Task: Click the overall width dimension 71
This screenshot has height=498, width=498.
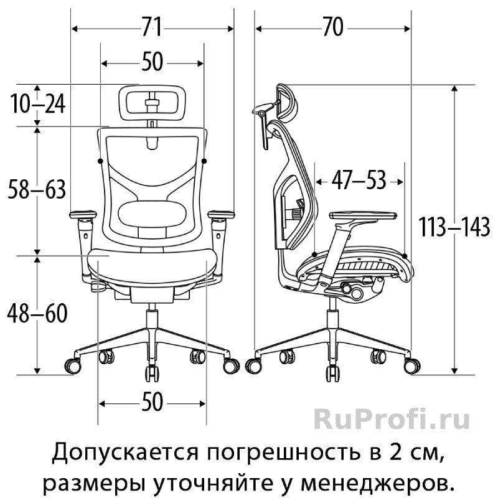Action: click(152, 27)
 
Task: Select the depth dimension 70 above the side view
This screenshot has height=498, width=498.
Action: click(333, 27)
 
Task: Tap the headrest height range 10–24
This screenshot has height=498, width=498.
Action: click(38, 104)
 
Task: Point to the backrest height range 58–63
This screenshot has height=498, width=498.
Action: click(37, 189)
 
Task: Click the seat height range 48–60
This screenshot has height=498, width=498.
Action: click(37, 313)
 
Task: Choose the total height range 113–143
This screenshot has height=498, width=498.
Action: click(454, 227)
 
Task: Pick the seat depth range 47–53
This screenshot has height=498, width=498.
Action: click(359, 180)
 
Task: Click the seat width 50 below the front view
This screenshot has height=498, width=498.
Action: click(152, 402)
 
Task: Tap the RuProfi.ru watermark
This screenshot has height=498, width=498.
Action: click(392, 419)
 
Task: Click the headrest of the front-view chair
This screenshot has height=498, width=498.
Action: click(152, 103)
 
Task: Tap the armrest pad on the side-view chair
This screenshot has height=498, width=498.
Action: click(363, 215)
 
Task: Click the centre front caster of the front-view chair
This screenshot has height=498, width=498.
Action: click(152, 374)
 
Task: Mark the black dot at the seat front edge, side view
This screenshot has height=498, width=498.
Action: click(404, 256)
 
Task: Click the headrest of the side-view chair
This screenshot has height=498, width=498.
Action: click(286, 101)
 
